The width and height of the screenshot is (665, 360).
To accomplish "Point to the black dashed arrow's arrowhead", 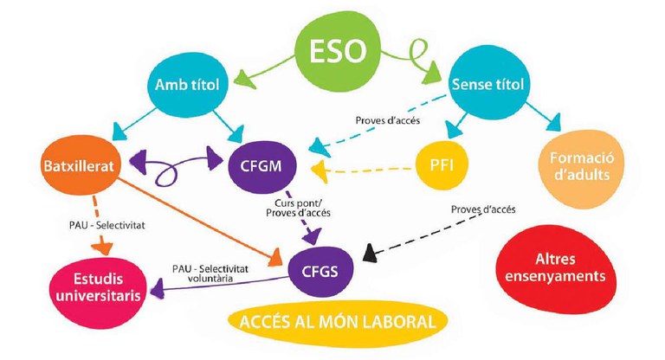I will pyautogui.click(x=371, y=254).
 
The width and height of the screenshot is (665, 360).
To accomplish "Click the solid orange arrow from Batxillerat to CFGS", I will pyautogui.click(x=199, y=214).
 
